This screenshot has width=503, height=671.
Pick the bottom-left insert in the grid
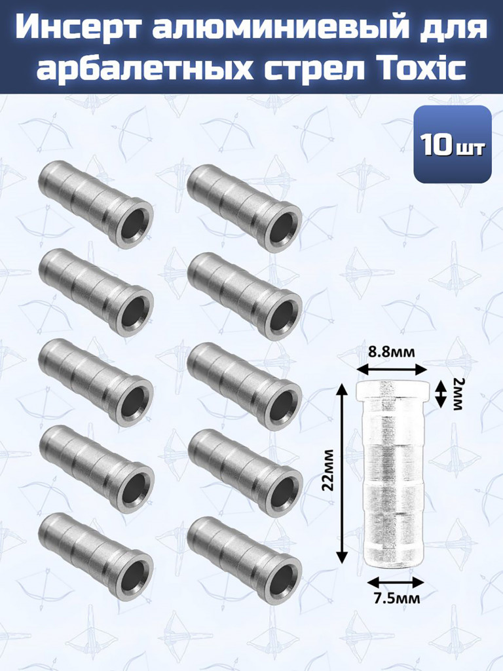click(96, 557)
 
